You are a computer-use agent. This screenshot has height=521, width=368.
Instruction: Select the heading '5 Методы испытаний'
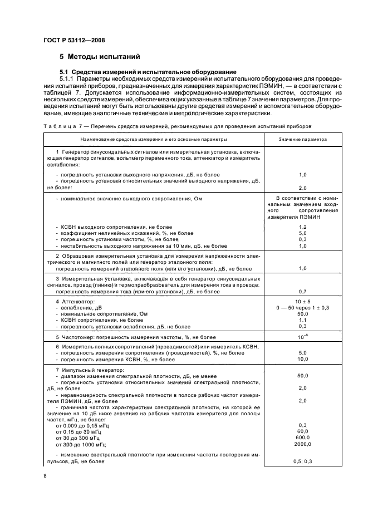(x=100, y=57)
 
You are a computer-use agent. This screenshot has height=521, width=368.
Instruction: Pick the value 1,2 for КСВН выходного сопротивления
(x=303, y=227)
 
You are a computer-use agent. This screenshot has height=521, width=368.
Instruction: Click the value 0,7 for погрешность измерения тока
(x=303, y=291)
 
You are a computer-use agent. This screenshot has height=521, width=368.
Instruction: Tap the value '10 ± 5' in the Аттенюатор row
(x=303, y=301)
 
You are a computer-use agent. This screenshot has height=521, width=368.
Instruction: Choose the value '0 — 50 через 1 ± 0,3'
(x=303, y=307)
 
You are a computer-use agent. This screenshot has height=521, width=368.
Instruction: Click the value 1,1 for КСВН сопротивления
(x=303, y=320)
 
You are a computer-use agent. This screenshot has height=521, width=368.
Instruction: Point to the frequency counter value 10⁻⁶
(x=303, y=337)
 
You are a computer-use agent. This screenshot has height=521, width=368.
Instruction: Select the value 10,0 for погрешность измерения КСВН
(x=303, y=360)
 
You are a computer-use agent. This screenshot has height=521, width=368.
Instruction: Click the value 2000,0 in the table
(x=303, y=445)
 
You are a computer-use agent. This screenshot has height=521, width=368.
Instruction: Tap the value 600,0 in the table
(x=303, y=438)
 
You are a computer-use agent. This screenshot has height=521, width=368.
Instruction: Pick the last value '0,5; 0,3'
(x=303, y=461)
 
